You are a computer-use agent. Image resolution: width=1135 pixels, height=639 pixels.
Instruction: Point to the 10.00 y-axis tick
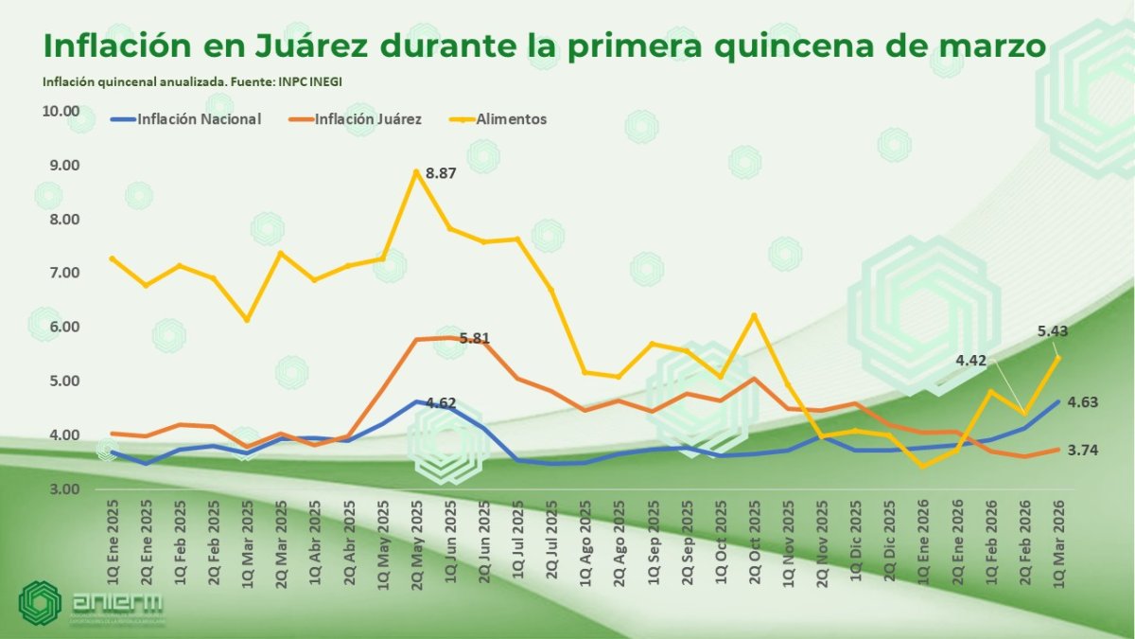tap(61, 111)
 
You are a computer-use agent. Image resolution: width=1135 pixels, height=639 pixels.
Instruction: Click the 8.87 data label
tap(442, 173)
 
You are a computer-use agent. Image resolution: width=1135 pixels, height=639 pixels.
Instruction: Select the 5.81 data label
tap(475, 338)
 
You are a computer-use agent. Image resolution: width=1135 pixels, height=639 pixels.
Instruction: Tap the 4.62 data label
tap(441, 403)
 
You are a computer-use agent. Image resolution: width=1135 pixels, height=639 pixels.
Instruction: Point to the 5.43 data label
tap(1053, 331)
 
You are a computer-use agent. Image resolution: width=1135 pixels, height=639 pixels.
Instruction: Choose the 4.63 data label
tap(1082, 402)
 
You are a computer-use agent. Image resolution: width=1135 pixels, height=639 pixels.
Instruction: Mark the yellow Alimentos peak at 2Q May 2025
tap(416, 171)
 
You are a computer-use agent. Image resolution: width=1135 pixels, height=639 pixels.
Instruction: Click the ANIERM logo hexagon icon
tap(40, 603)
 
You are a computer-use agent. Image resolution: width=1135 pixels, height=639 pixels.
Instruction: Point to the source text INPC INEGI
tap(310, 82)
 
